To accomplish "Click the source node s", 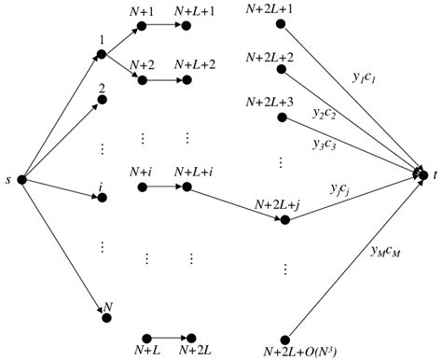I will (21, 179).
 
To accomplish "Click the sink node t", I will (424, 173).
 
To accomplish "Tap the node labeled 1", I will (101, 55).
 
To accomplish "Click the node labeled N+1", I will (143, 27).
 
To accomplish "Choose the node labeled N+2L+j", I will (285, 221).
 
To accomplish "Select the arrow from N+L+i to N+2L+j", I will (237, 204).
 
